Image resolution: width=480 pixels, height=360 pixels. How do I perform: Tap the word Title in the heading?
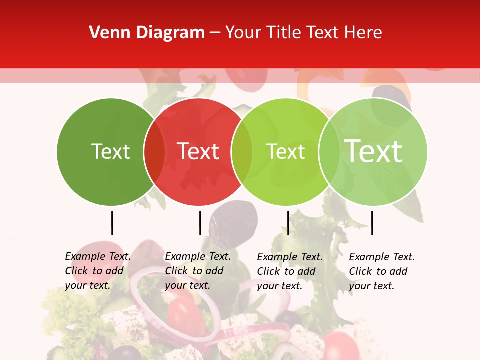click(284, 33)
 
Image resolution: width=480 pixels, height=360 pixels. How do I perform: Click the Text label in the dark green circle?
click(110, 151)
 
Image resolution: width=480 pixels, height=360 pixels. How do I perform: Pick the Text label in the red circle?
click(198, 151)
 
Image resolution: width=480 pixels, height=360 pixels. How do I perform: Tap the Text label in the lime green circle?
click(285, 151)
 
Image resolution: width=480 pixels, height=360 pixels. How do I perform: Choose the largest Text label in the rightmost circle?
click(373, 151)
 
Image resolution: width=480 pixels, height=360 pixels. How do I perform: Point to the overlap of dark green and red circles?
click(154, 151)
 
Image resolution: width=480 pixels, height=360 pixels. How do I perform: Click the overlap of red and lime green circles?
click(242, 151)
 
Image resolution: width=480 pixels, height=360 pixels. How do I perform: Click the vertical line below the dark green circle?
click(112, 223)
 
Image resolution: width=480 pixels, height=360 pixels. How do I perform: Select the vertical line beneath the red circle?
click(200, 223)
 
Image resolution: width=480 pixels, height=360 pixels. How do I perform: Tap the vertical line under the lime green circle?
click(288, 223)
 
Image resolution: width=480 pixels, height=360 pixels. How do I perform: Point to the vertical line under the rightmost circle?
click(372, 223)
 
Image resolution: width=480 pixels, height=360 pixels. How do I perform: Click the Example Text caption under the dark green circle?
click(98, 271)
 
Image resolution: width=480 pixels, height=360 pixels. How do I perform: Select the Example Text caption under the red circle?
click(198, 271)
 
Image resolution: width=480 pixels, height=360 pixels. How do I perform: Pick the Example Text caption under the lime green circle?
click(290, 271)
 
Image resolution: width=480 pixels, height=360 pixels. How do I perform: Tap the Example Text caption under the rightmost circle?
click(382, 271)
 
